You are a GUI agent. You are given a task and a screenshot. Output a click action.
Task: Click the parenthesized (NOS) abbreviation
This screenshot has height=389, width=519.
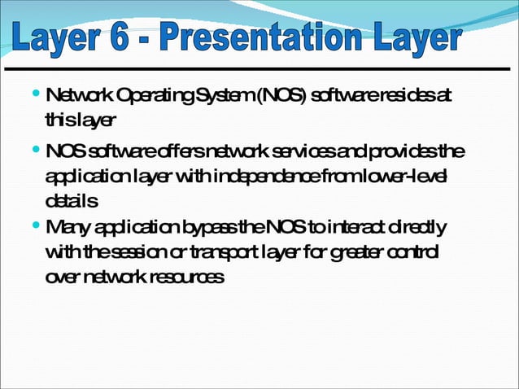[x=281, y=98]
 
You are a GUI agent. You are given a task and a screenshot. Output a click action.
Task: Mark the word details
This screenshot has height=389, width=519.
[x=72, y=199]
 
